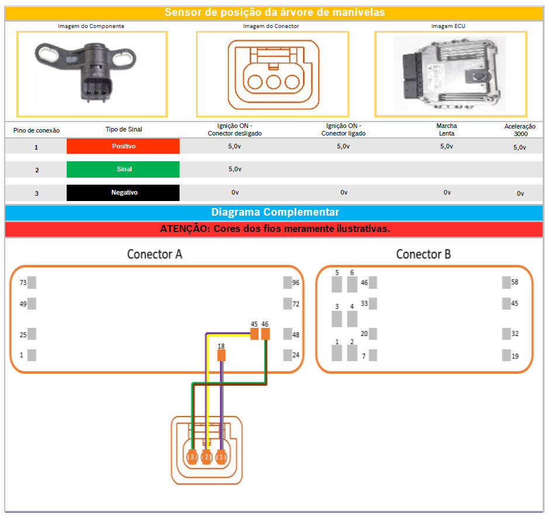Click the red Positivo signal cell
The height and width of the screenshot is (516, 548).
[x=123, y=146]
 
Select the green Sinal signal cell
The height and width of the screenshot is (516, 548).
[x=123, y=169]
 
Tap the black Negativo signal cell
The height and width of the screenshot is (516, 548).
[x=123, y=192]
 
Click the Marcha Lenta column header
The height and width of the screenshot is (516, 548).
[x=447, y=129]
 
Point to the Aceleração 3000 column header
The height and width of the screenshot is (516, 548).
[x=520, y=130]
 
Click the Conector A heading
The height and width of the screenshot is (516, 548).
[x=155, y=254]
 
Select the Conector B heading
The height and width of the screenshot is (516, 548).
[x=423, y=254]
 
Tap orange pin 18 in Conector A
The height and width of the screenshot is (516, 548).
[x=221, y=355]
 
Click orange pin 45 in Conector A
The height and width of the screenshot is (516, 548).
[x=254, y=334]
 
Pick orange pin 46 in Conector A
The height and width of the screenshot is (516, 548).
[x=266, y=334]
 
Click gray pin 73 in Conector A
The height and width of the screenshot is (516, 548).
[x=32, y=283]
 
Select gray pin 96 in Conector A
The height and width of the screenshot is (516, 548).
[x=288, y=283]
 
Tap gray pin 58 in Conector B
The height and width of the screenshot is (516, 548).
[x=506, y=283]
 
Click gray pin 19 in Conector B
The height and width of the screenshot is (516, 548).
[x=506, y=355]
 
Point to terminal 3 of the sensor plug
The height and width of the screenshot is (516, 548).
[x=191, y=457]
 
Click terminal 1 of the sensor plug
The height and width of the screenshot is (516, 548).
[x=221, y=457]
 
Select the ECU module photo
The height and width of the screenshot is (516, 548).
[x=449, y=73]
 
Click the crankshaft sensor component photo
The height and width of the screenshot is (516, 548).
[x=92, y=73]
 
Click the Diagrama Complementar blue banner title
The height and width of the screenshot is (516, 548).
[x=275, y=212]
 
